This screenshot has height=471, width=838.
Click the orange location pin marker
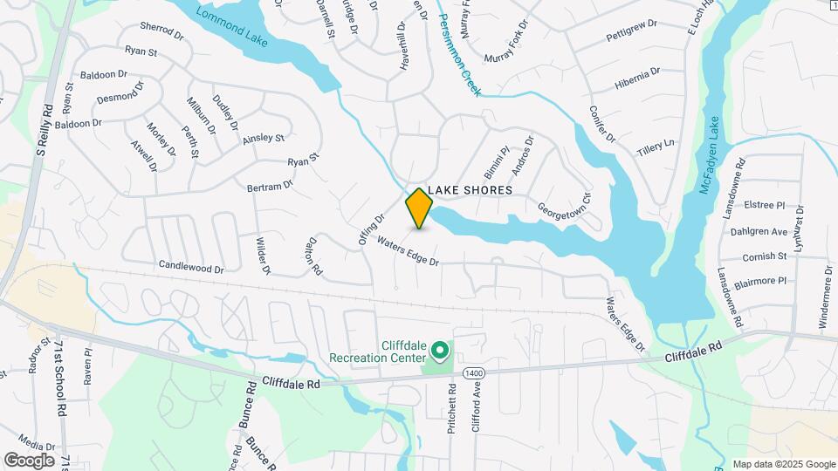[x=419, y=208]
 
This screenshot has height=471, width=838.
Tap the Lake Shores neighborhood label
[x=470, y=190]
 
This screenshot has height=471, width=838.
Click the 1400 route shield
[x=472, y=372]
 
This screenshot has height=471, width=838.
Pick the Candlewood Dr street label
[x=191, y=265]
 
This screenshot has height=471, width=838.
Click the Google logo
[x=29, y=460]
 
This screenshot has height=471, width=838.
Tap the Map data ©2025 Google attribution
[x=784, y=464]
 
